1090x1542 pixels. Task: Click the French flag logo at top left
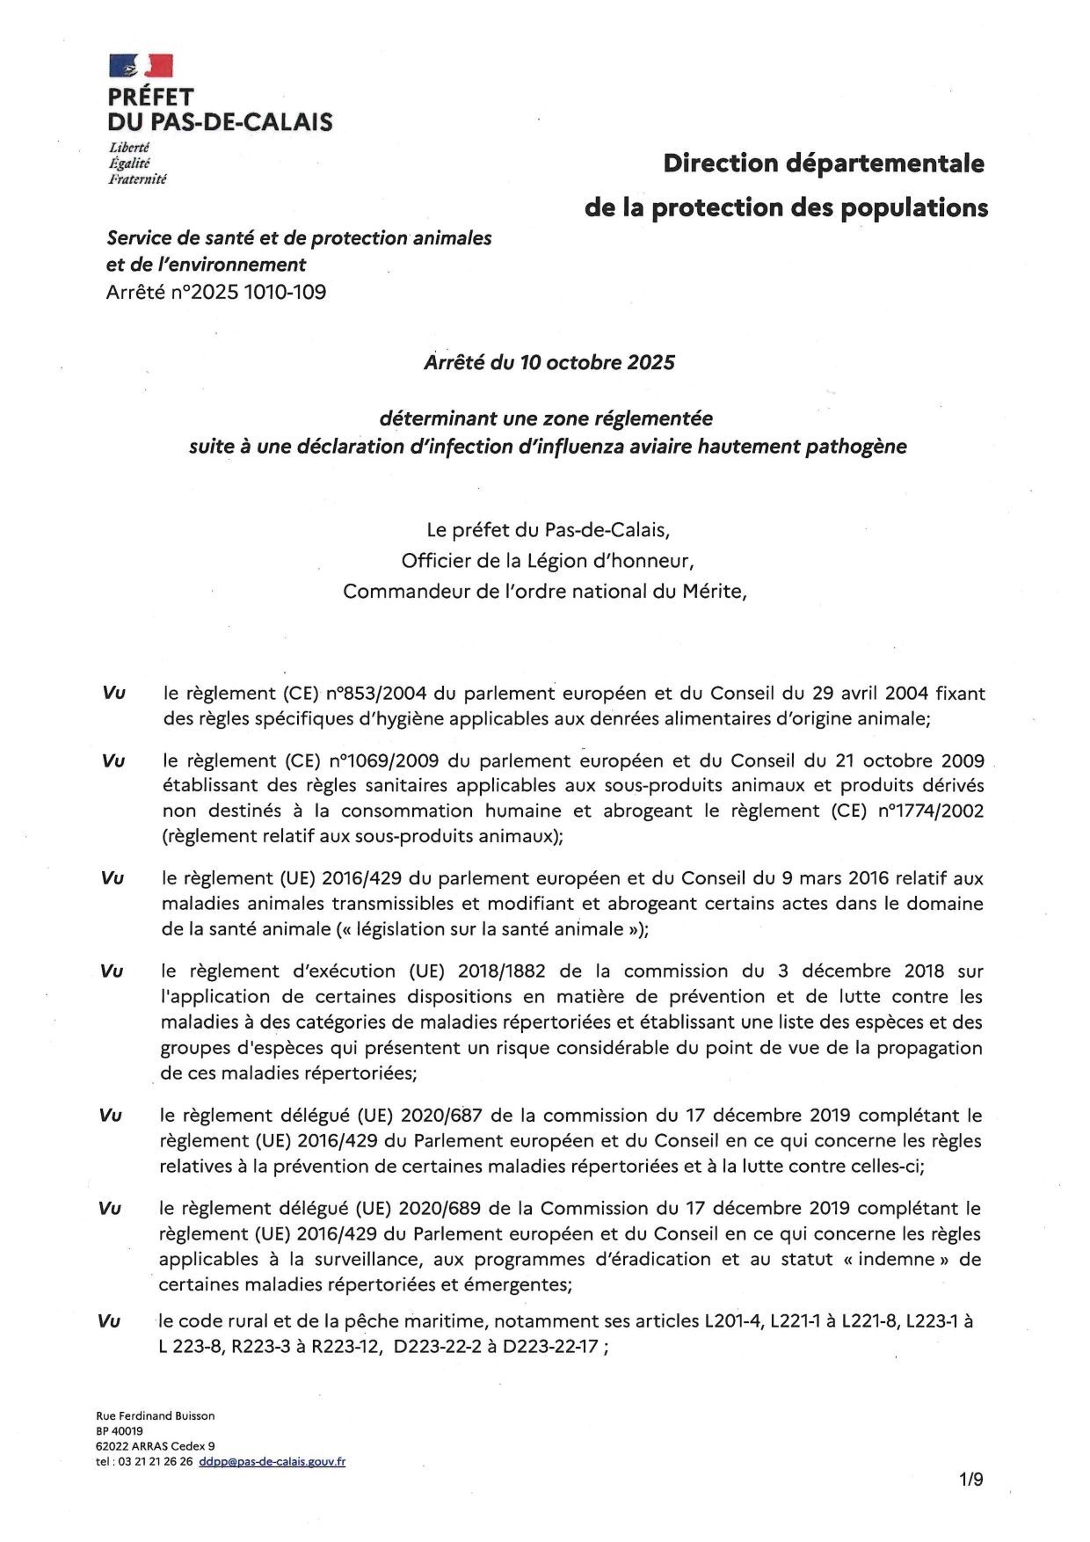(141, 66)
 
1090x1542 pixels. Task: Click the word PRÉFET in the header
(150, 97)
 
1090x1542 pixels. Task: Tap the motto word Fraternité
(137, 179)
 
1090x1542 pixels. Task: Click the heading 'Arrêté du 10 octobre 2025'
(549, 362)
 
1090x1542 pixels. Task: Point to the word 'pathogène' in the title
(857, 447)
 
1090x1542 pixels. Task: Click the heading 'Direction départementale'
(824, 164)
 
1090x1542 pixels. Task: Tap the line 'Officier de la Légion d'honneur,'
(548, 561)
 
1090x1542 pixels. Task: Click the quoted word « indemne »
(896, 1259)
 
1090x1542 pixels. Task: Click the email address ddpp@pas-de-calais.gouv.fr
(272, 1461)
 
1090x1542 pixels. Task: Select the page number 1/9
(971, 1480)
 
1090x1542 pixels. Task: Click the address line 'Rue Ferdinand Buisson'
(156, 1415)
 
